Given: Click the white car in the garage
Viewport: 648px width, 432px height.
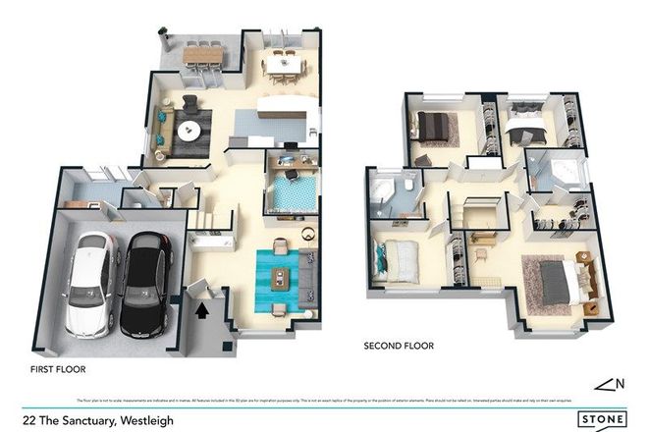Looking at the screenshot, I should (x=85, y=282).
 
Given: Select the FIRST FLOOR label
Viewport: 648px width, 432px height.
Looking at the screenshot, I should (x=58, y=370).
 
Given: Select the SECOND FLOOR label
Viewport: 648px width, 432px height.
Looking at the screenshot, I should (x=399, y=346).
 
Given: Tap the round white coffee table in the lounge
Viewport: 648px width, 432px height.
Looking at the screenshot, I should (x=189, y=130).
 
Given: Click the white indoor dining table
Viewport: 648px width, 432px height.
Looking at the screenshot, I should (x=286, y=61).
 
